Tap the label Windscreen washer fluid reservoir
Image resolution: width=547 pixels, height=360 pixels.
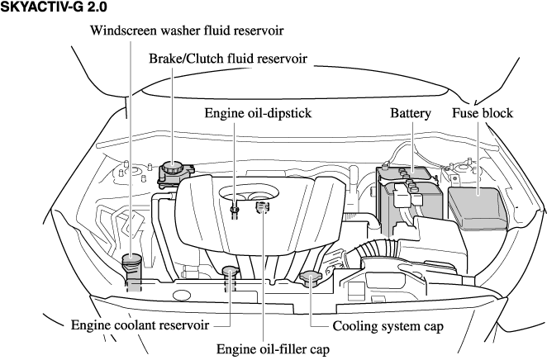188,31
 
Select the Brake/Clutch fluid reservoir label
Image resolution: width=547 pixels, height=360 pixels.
228,59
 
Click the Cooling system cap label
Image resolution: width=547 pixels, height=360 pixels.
388,325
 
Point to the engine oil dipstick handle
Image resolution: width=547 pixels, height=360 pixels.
235,210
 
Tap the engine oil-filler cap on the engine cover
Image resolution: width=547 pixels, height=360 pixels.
263,206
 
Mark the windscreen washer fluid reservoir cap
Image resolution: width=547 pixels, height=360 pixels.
131,263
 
